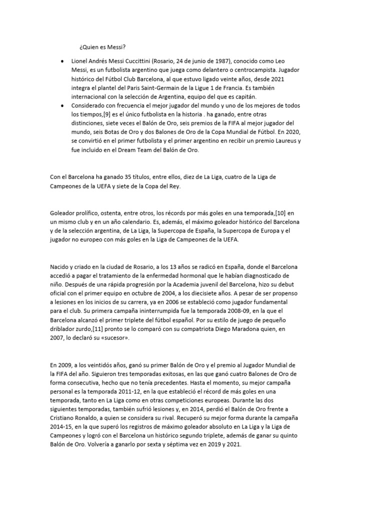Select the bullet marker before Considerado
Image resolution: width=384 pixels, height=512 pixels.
61,106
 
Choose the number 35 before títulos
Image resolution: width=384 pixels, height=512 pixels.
131,176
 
